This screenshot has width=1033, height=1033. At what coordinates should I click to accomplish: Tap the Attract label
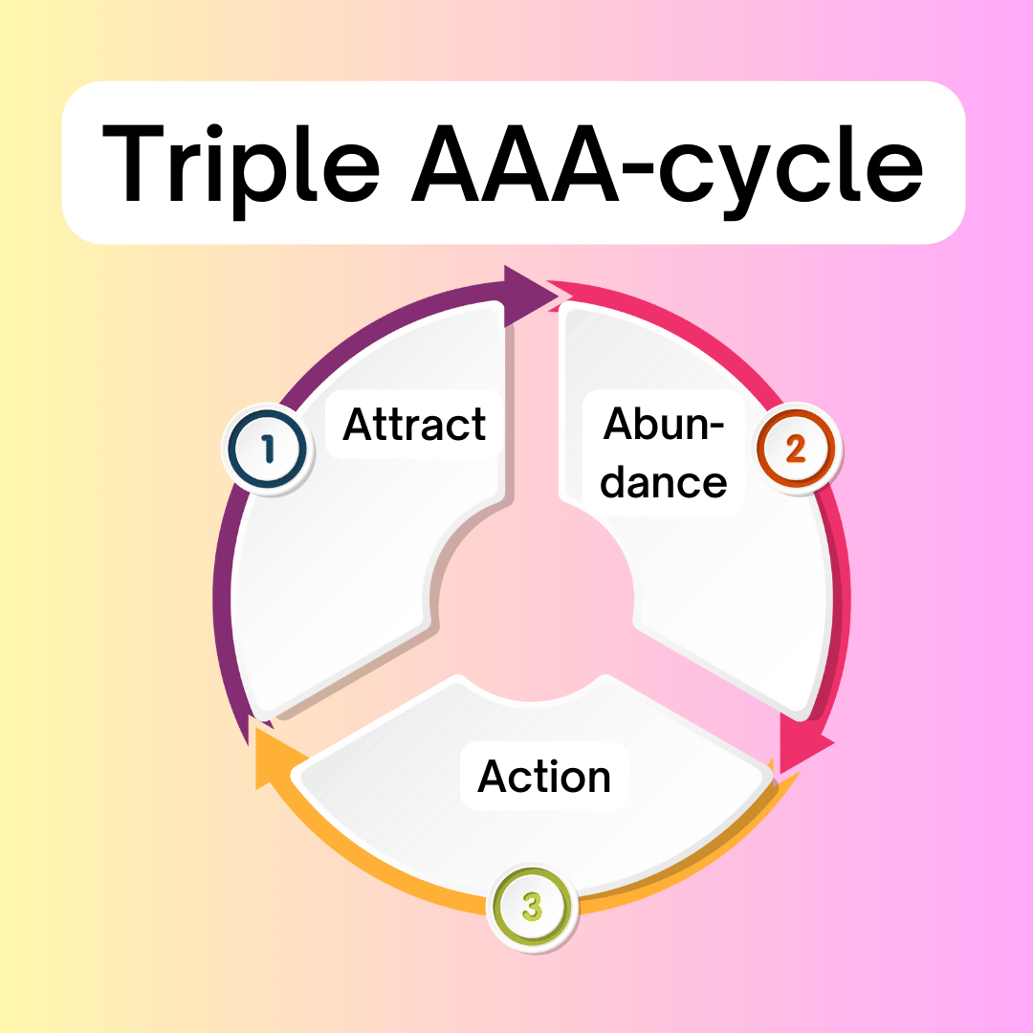414,425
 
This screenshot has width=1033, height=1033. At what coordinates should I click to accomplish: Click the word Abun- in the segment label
664,424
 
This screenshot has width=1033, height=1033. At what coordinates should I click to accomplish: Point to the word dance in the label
664,483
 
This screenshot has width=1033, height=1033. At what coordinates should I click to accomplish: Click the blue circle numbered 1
268,450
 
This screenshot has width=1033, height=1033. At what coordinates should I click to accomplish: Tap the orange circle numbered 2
796,449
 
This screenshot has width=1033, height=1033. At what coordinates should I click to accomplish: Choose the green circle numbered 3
533,907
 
